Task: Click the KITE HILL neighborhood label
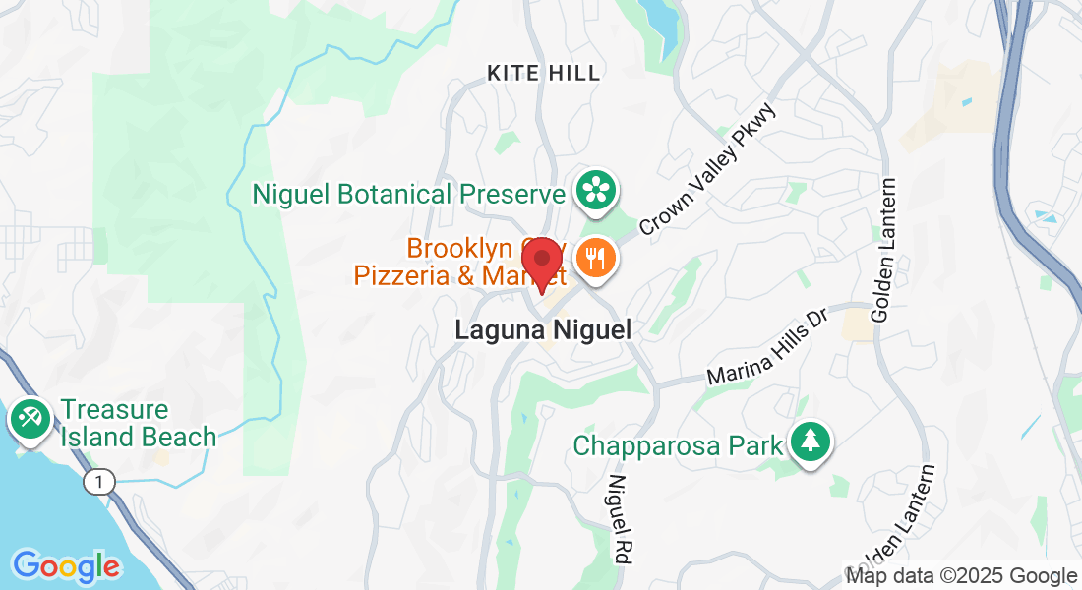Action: point(544,72)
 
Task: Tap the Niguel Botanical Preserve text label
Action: point(408,193)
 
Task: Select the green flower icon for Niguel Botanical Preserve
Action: point(595,190)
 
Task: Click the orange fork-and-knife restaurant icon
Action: point(595,259)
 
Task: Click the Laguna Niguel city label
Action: point(542,331)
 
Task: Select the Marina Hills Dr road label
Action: point(769,346)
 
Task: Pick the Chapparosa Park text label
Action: point(679,445)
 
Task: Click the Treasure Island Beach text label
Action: point(138,423)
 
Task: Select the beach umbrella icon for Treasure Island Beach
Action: point(30,420)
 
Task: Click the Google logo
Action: point(66,566)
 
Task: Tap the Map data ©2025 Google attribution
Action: point(961,576)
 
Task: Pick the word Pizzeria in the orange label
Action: point(398,275)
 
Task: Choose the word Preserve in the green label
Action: point(512,193)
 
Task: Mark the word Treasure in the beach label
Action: point(114,409)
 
